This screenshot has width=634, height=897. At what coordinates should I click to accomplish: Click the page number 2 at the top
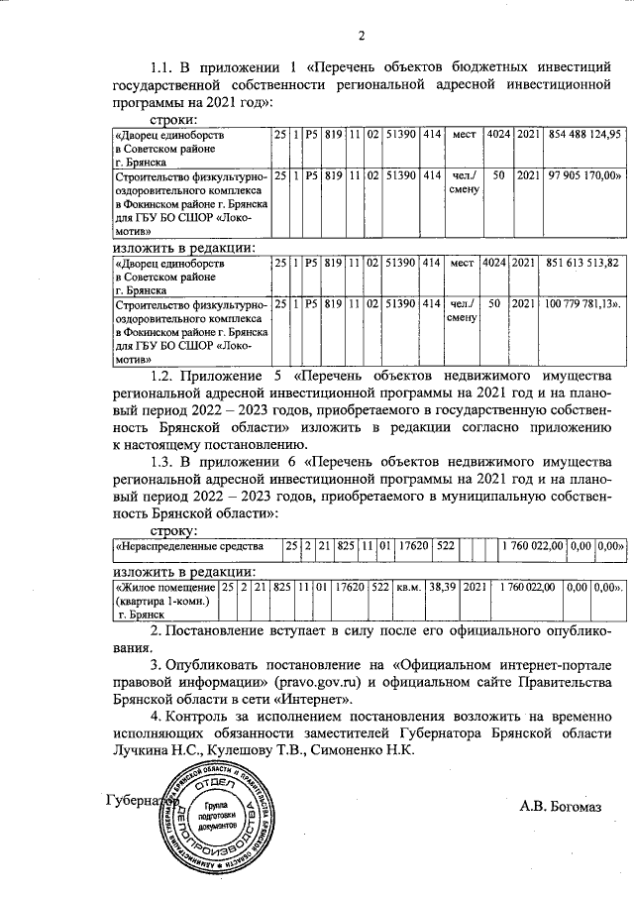point(362,38)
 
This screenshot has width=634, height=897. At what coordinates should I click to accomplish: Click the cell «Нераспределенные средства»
point(189,546)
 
